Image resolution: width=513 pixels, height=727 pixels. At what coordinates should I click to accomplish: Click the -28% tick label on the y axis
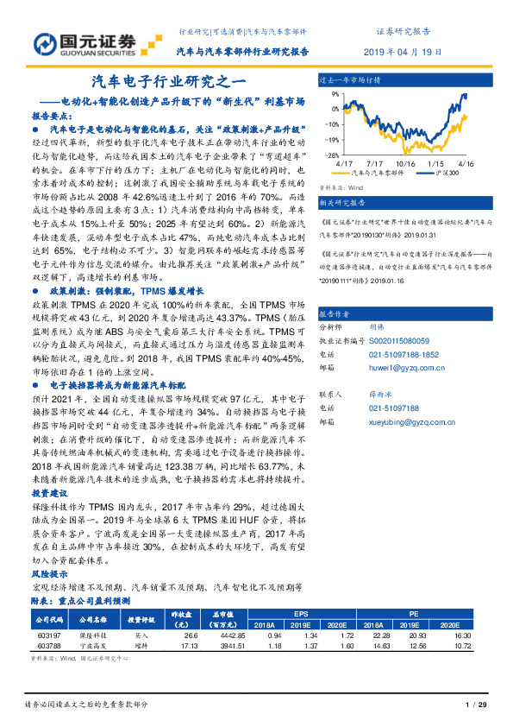point(329,155)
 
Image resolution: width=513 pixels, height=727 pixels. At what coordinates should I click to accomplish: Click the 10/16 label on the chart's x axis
point(406,162)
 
